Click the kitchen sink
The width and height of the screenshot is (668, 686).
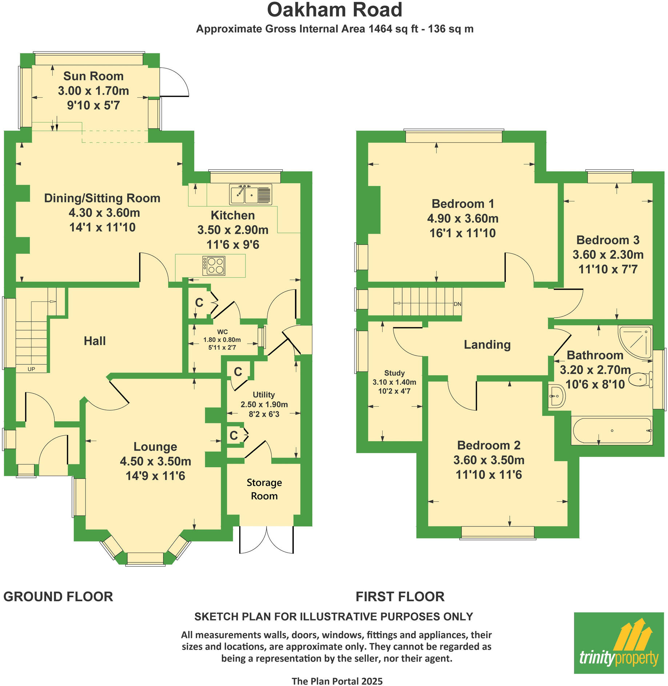click(x=251, y=194)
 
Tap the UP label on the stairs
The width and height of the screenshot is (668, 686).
click(x=31, y=369)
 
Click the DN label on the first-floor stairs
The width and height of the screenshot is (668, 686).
click(x=457, y=304)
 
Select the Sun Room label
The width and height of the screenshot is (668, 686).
click(x=93, y=76)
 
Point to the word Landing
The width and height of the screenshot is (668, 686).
click(x=487, y=344)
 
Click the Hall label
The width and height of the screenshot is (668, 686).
click(x=95, y=341)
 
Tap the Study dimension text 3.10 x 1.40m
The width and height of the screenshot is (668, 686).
click(x=394, y=382)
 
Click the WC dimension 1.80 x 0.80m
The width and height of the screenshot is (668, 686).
click(x=222, y=340)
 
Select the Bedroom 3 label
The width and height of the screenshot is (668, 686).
click(x=608, y=240)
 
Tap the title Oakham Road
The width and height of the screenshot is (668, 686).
click(x=335, y=10)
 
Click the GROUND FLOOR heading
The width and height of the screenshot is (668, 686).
click(x=58, y=597)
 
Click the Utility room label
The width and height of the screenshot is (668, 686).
click(x=264, y=395)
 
